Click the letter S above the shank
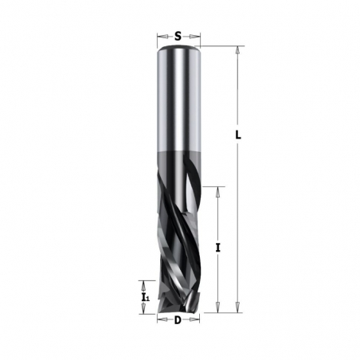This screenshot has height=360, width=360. coord(178,36)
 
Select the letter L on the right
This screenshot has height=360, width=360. coord(237,135)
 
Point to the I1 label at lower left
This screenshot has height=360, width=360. coord(144,297)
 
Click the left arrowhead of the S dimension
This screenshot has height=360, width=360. coord(159,36)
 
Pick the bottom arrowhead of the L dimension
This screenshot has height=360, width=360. coord(237,311)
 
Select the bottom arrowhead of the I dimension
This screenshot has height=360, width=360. coord(217,311)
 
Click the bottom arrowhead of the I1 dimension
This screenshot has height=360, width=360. coord(144,311)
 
